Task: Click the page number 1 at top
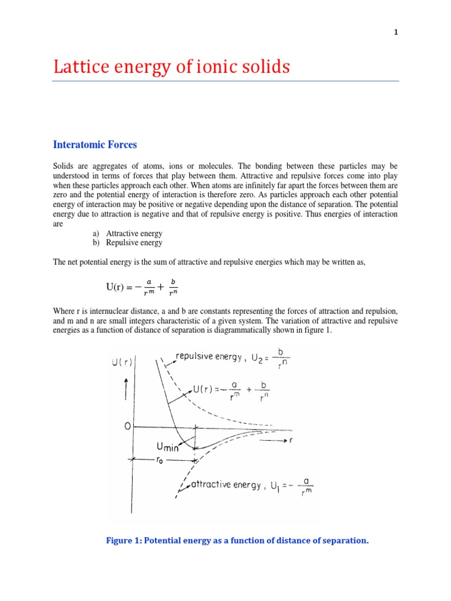point(396,32)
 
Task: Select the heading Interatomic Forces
point(95,144)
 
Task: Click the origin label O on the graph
point(126,427)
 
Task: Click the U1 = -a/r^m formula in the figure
point(290,487)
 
